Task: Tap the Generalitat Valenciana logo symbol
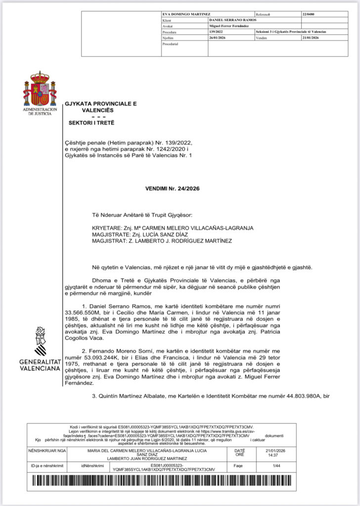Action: (40, 340)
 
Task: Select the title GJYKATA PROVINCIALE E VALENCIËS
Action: (100, 107)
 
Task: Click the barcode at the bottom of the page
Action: (180, 483)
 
